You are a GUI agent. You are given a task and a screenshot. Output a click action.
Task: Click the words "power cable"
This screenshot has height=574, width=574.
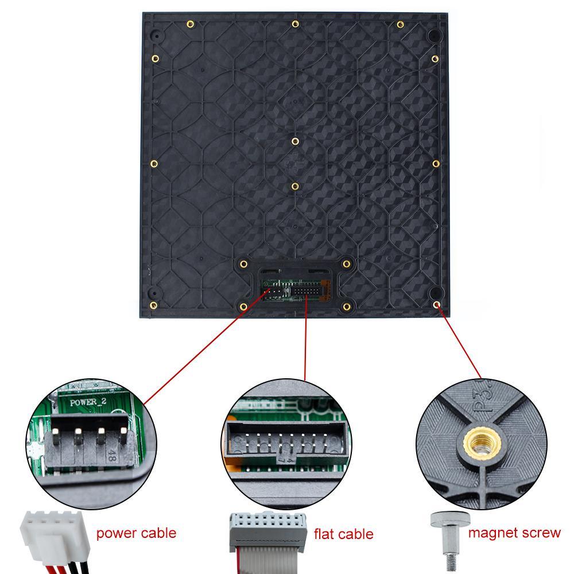136,533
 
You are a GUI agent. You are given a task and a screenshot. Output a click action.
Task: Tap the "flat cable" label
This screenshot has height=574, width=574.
343,534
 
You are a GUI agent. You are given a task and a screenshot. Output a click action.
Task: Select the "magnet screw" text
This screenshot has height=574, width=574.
514,533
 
